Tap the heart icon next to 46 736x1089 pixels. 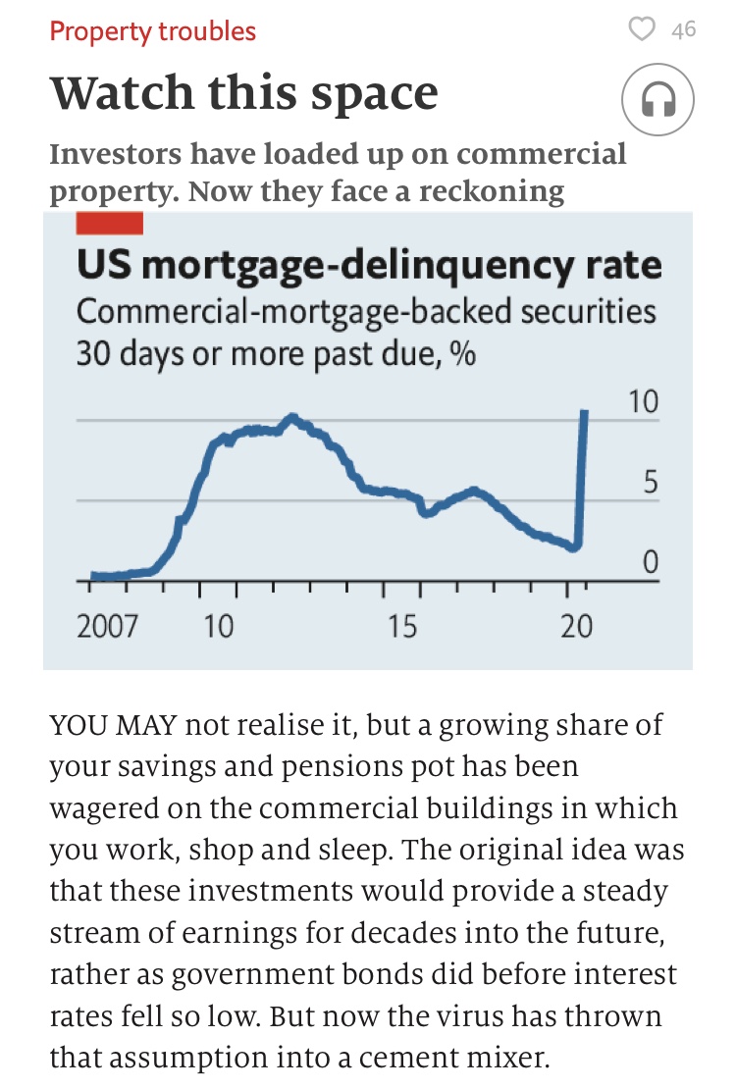pyautogui.click(x=641, y=29)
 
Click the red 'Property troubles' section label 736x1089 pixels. pyautogui.click(x=152, y=31)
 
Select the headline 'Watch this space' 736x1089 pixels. pyautogui.click(x=243, y=93)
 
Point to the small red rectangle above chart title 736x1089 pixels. pyautogui.click(x=109, y=224)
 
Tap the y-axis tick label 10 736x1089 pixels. pyautogui.click(x=643, y=402)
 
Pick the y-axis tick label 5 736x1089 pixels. pyautogui.click(x=650, y=484)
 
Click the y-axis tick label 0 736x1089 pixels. pyautogui.click(x=650, y=563)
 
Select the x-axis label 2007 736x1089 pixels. pyautogui.click(x=107, y=625)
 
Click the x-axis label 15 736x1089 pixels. pyautogui.click(x=401, y=625)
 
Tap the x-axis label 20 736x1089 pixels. pyautogui.click(x=576, y=625)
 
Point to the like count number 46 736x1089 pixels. pyautogui.click(x=684, y=30)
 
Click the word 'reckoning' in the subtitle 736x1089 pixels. pyautogui.click(x=492, y=190)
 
